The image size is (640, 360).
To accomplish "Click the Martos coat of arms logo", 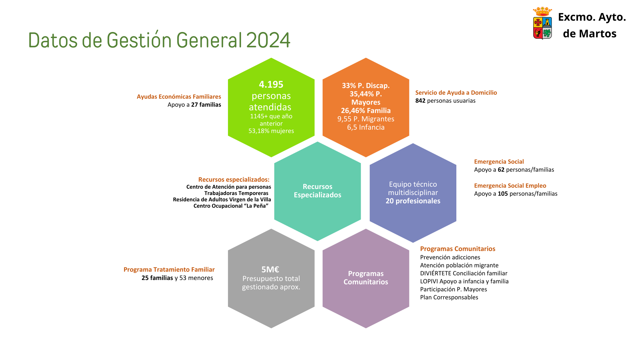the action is (542, 23).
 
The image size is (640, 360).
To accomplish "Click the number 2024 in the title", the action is (268, 40).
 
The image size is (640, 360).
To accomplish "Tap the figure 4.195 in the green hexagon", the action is (271, 84).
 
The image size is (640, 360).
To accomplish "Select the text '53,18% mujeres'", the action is (271, 131).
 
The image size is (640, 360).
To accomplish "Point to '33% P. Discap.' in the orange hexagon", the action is (366, 86).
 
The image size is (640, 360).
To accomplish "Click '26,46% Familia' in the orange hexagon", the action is (366, 111).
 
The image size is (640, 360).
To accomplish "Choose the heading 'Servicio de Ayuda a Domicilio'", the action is (456, 93).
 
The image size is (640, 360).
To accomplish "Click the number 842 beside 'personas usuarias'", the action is (420, 101).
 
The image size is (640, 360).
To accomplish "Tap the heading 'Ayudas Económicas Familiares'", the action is (179, 97).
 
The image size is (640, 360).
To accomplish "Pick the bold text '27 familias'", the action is (206, 105).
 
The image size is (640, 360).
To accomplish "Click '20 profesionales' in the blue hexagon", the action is (413, 201).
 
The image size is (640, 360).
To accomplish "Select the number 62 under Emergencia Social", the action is (501, 170).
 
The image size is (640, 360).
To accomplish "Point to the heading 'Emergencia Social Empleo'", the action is (510, 186).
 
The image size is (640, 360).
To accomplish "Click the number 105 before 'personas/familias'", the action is (503, 194).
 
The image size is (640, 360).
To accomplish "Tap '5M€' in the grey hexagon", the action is (270, 269).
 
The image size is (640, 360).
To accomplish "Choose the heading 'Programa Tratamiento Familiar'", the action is (169, 270).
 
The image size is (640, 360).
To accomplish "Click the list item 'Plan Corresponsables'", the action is (449, 297).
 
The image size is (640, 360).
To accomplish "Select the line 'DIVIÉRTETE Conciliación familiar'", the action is (464, 273).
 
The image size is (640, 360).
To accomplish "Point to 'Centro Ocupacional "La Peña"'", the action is (231, 206).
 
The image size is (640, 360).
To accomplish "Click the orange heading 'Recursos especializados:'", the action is (234, 180).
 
